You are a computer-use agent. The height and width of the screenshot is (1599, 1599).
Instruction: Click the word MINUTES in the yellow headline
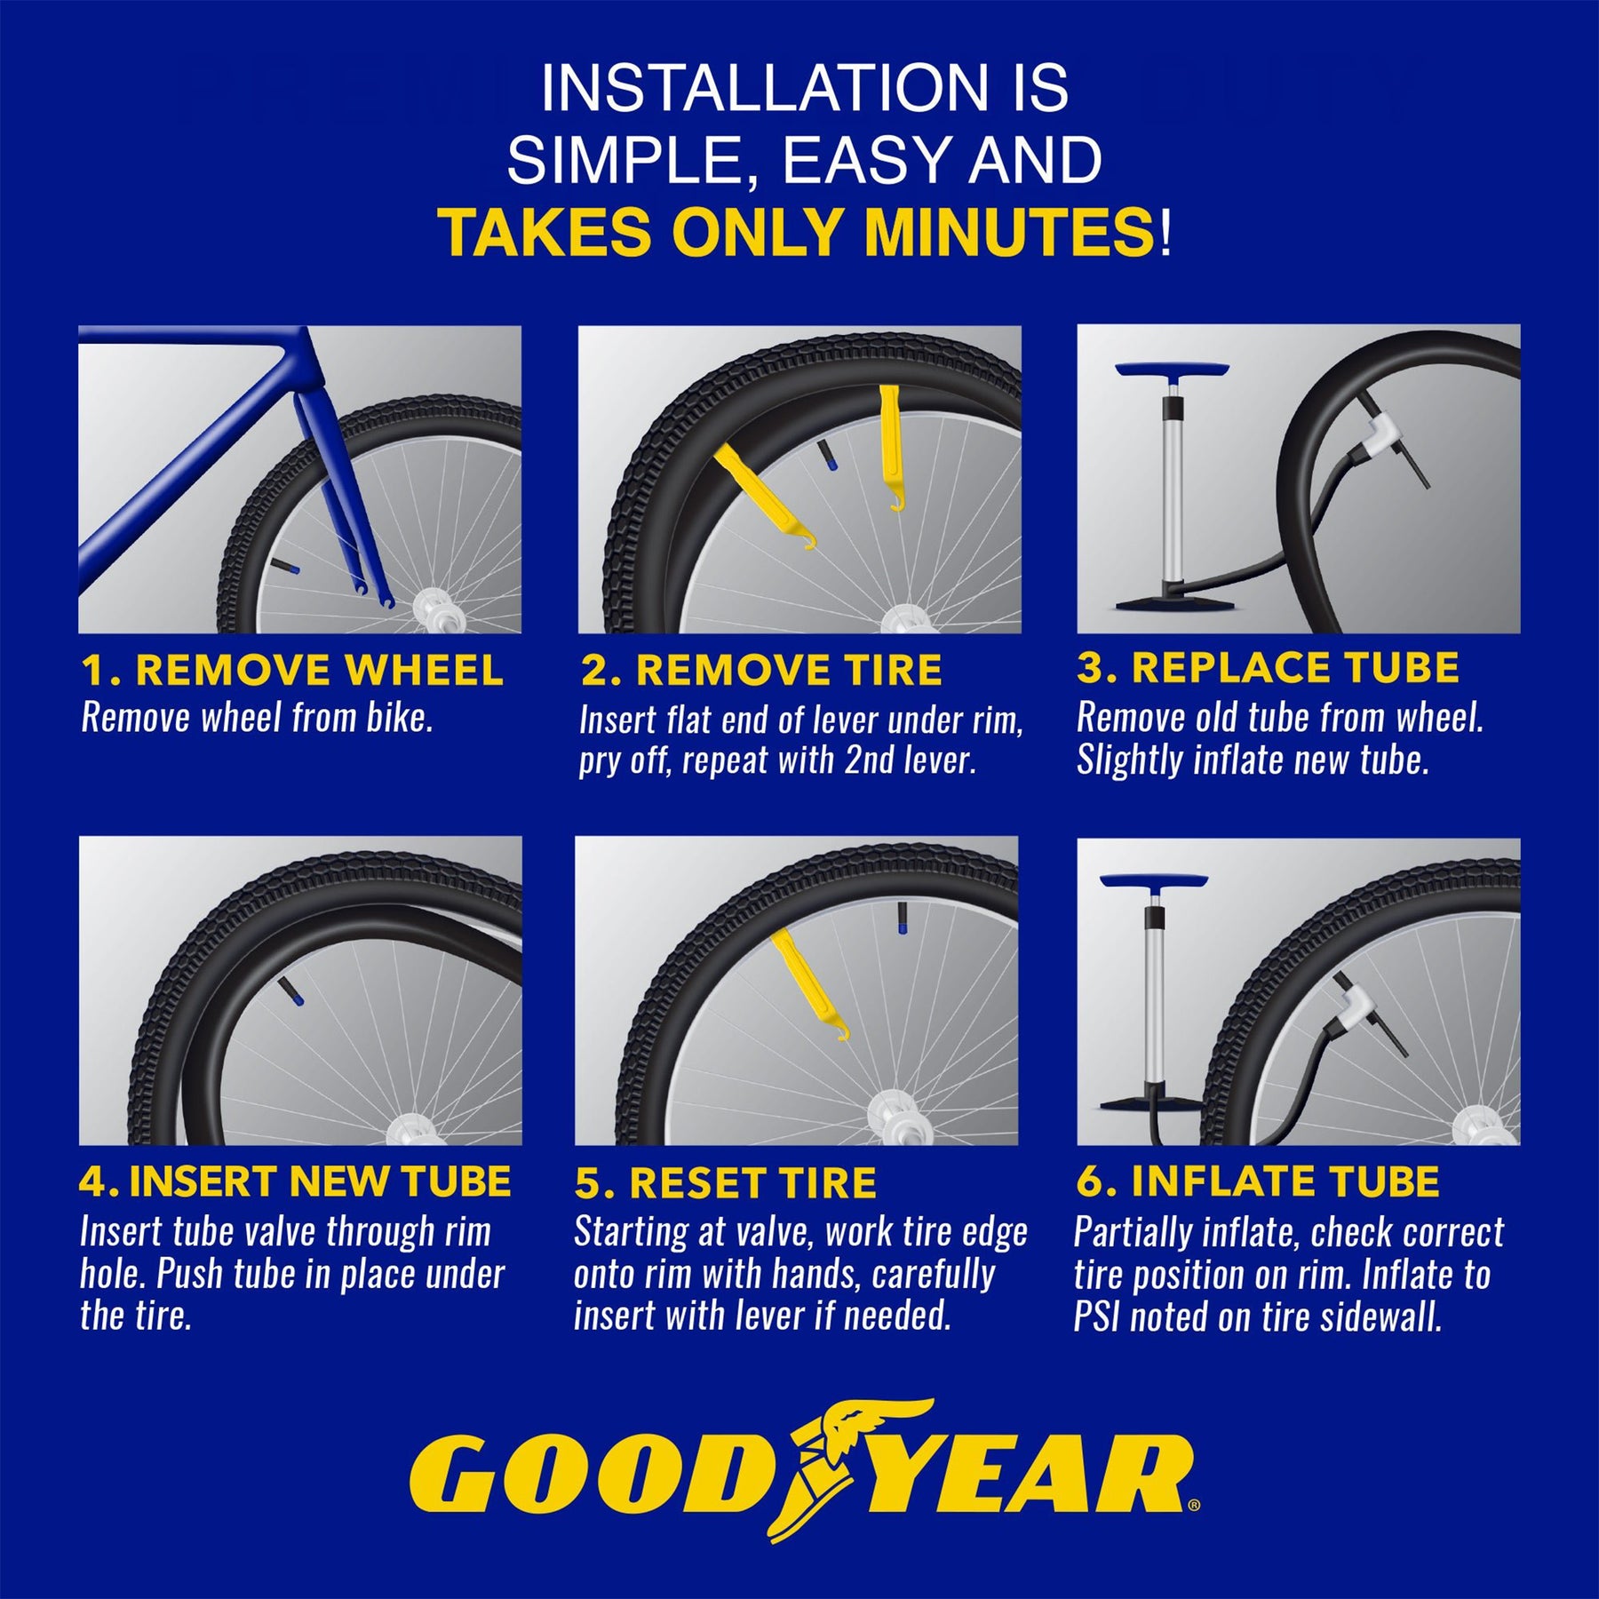(x=1008, y=233)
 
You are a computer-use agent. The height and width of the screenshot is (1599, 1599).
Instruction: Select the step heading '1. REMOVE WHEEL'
(x=292, y=671)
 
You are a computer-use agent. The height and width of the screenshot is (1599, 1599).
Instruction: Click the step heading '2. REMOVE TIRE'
(x=761, y=671)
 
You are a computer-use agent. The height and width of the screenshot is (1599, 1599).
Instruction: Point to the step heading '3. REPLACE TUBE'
(x=1268, y=668)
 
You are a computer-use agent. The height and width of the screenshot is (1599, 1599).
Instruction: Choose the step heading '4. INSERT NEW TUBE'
(x=295, y=1181)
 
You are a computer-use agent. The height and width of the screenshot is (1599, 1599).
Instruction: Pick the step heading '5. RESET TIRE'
(x=726, y=1183)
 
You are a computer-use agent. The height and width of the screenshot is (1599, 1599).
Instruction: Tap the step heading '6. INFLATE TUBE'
(x=1257, y=1181)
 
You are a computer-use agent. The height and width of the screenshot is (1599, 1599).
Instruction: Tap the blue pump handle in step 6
(x=1153, y=880)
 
